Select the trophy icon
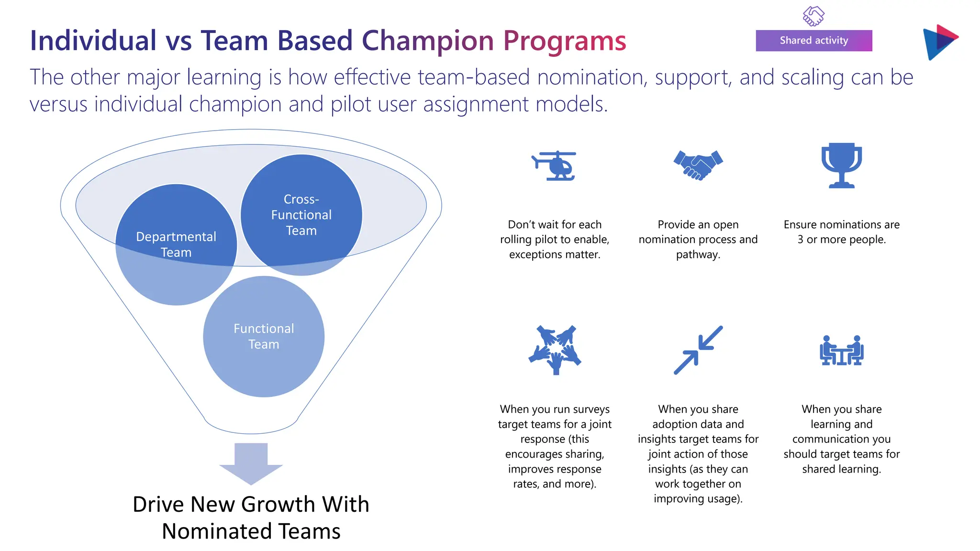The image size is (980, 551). pyautogui.click(x=841, y=165)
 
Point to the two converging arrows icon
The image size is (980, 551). pyautogui.click(x=698, y=350)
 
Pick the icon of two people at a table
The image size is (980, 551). pyautogui.click(x=841, y=351)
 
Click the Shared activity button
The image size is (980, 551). pyautogui.click(x=813, y=41)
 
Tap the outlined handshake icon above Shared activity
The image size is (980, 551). pyautogui.click(x=813, y=16)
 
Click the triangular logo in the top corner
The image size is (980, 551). pyautogui.click(x=939, y=42)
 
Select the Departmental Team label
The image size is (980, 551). pyautogui.click(x=176, y=244)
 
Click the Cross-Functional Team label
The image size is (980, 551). pyautogui.click(x=301, y=215)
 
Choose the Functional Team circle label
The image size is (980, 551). pyautogui.click(x=264, y=336)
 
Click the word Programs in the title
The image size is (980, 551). pyautogui.click(x=565, y=41)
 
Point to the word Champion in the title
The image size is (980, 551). pyautogui.click(x=428, y=41)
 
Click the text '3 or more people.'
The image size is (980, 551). pyautogui.click(x=841, y=240)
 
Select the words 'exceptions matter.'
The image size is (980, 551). pyautogui.click(x=555, y=254)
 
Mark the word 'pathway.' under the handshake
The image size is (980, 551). pyautogui.click(x=698, y=254)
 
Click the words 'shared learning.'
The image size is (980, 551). pyautogui.click(x=841, y=469)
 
